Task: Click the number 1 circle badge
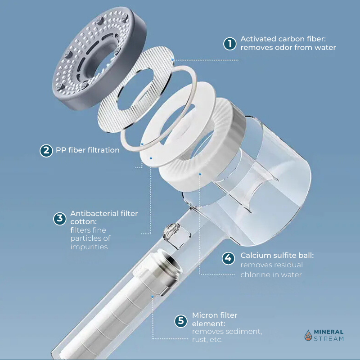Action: coord(229,43)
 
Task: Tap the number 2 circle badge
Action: coord(46,151)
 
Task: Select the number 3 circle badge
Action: coord(60,218)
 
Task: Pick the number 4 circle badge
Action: coord(228,258)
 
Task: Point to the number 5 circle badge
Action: coord(181,321)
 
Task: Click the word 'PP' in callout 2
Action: coord(61,150)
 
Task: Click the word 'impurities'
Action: coord(89,247)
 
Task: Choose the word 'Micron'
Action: coord(203,315)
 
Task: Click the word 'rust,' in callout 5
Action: coord(199,340)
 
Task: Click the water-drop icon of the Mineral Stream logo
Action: coord(308,335)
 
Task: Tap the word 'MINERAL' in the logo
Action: coord(328,332)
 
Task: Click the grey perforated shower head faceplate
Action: coord(99,58)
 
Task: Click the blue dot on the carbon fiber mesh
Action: coord(172,60)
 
